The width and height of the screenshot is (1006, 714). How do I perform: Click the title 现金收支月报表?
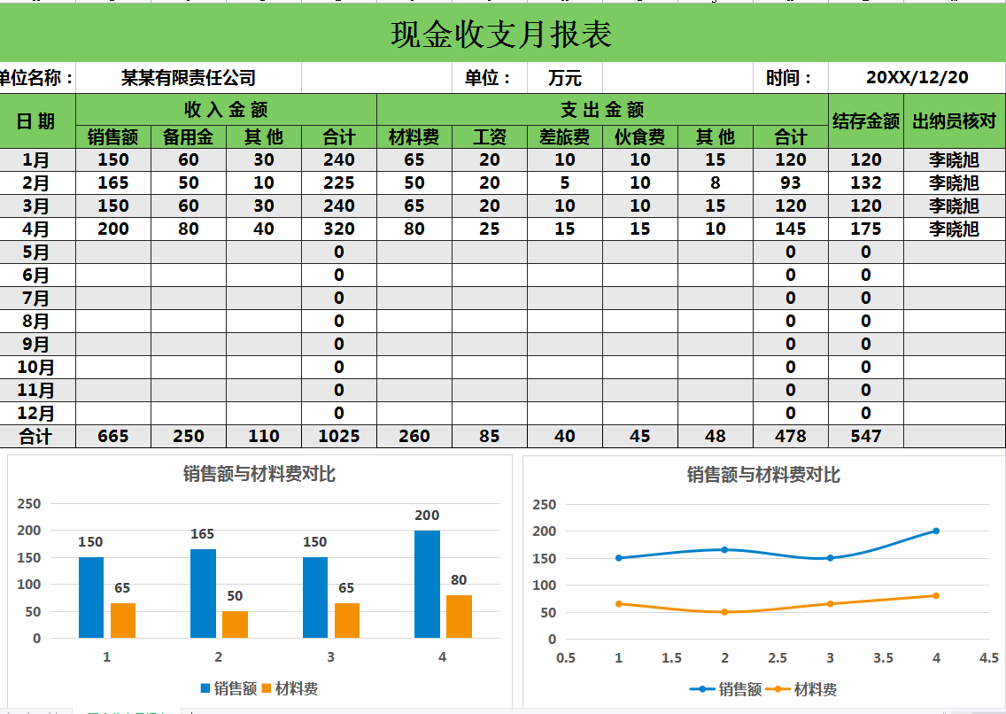pyautogui.click(x=501, y=35)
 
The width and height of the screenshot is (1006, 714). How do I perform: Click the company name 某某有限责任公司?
pyautogui.click(x=189, y=78)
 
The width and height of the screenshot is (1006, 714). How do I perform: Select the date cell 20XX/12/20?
pyautogui.click(x=917, y=78)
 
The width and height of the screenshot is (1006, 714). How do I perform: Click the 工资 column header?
pyautogui.click(x=490, y=136)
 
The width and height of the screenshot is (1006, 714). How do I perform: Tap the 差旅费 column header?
pyautogui.click(x=565, y=136)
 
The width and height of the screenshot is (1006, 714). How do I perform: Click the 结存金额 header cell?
pyautogui.click(x=866, y=121)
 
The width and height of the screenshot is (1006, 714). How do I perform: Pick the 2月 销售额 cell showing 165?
pyautogui.click(x=113, y=183)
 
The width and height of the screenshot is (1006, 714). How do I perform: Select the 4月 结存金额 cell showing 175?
pyautogui.click(x=866, y=229)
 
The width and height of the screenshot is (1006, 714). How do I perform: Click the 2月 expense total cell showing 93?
pyautogui.click(x=791, y=183)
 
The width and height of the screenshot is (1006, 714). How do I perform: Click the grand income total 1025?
pyautogui.click(x=339, y=436)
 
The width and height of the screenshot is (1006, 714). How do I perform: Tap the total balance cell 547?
pyautogui.click(x=866, y=436)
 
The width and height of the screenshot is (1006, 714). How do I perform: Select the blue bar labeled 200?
pyautogui.click(x=427, y=584)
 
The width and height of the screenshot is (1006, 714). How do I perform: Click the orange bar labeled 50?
pyautogui.click(x=235, y=624)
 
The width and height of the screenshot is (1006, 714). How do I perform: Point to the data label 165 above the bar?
pyautogui.click(x=203, y=534)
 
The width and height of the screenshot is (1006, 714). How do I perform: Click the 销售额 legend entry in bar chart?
pyautogui.click(x=228, y=688)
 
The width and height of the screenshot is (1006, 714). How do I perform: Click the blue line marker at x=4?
pyautogui.click(x=936, y=532)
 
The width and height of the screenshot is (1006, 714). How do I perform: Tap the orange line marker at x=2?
pyautogui.click(x=724, y=612)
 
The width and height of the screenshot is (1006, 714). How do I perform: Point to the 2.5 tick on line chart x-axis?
pyautogui.click(x=778, y=658)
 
